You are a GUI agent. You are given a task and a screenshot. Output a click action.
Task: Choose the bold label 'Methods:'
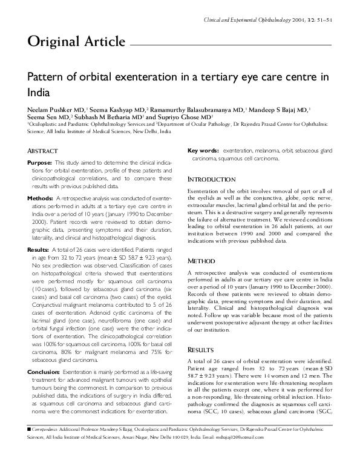(x=41, y=198)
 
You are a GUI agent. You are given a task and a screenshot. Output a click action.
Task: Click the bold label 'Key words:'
(x=203, y=151)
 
